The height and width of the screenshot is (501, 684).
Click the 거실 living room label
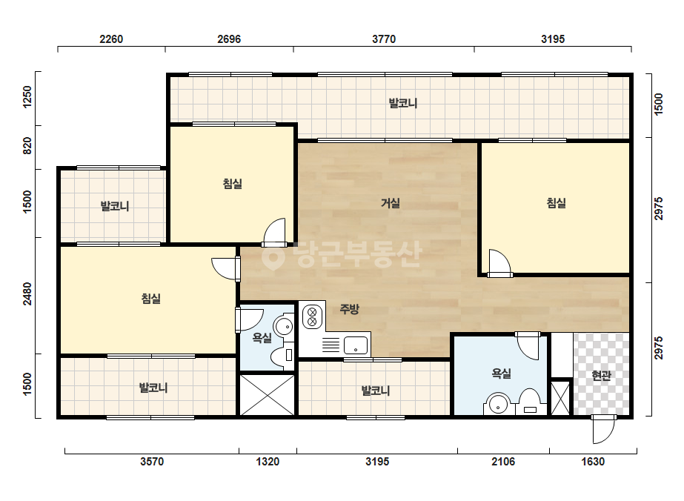tap(390, 203)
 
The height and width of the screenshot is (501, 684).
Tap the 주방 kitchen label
tap(349, 309)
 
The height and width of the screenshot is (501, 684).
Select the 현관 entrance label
tap(601, 375)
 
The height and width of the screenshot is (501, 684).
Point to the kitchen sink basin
tap(356, 345)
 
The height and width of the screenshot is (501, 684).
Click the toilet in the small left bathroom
tap(282, 355)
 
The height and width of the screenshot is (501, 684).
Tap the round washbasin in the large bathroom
tap(497, 404)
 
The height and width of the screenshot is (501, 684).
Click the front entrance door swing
tap(603, 429)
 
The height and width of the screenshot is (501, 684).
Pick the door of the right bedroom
tap(499, 263)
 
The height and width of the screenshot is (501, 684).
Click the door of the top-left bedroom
tap(274, 233)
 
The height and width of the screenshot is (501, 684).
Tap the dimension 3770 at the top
tap(384, 39)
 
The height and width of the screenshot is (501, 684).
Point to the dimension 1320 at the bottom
tap(268, 461)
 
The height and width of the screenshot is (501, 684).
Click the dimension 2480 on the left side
tap(27, 293)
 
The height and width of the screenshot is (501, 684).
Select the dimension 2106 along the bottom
tap(503, 461)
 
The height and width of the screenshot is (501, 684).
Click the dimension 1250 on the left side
tap(27, 97)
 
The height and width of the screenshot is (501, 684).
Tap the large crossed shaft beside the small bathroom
tap(268, 394)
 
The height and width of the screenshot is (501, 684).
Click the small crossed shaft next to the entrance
tap(560, 398)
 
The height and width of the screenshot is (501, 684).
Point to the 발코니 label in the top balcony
tap(403, 104)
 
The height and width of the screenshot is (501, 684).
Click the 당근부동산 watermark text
tap(342, 255)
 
